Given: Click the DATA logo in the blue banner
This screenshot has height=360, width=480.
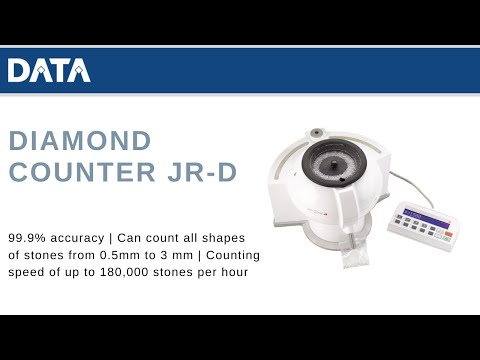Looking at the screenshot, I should pyautogui.click(x=48, y=70).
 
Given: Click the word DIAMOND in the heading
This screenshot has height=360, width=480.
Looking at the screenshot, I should pyautogui.click(x=80, y=140).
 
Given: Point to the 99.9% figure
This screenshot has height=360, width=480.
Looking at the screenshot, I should pyautogui.click(x=28, y=239).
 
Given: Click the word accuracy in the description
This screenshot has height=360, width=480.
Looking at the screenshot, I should pyautogui.click(x=83, y=239).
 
